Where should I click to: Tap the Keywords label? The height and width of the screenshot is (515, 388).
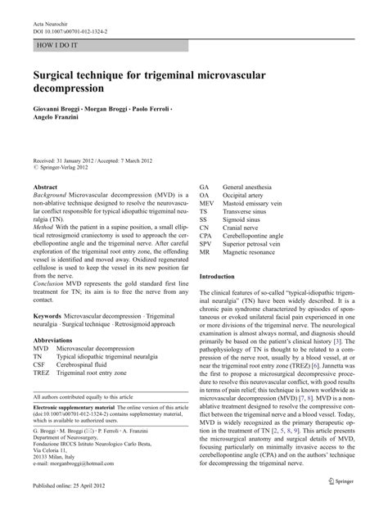[x=49, y=316]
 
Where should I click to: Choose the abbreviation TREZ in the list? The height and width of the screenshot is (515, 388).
[x=41, y=373]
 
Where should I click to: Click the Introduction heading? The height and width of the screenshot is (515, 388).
[x=223, y=277]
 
